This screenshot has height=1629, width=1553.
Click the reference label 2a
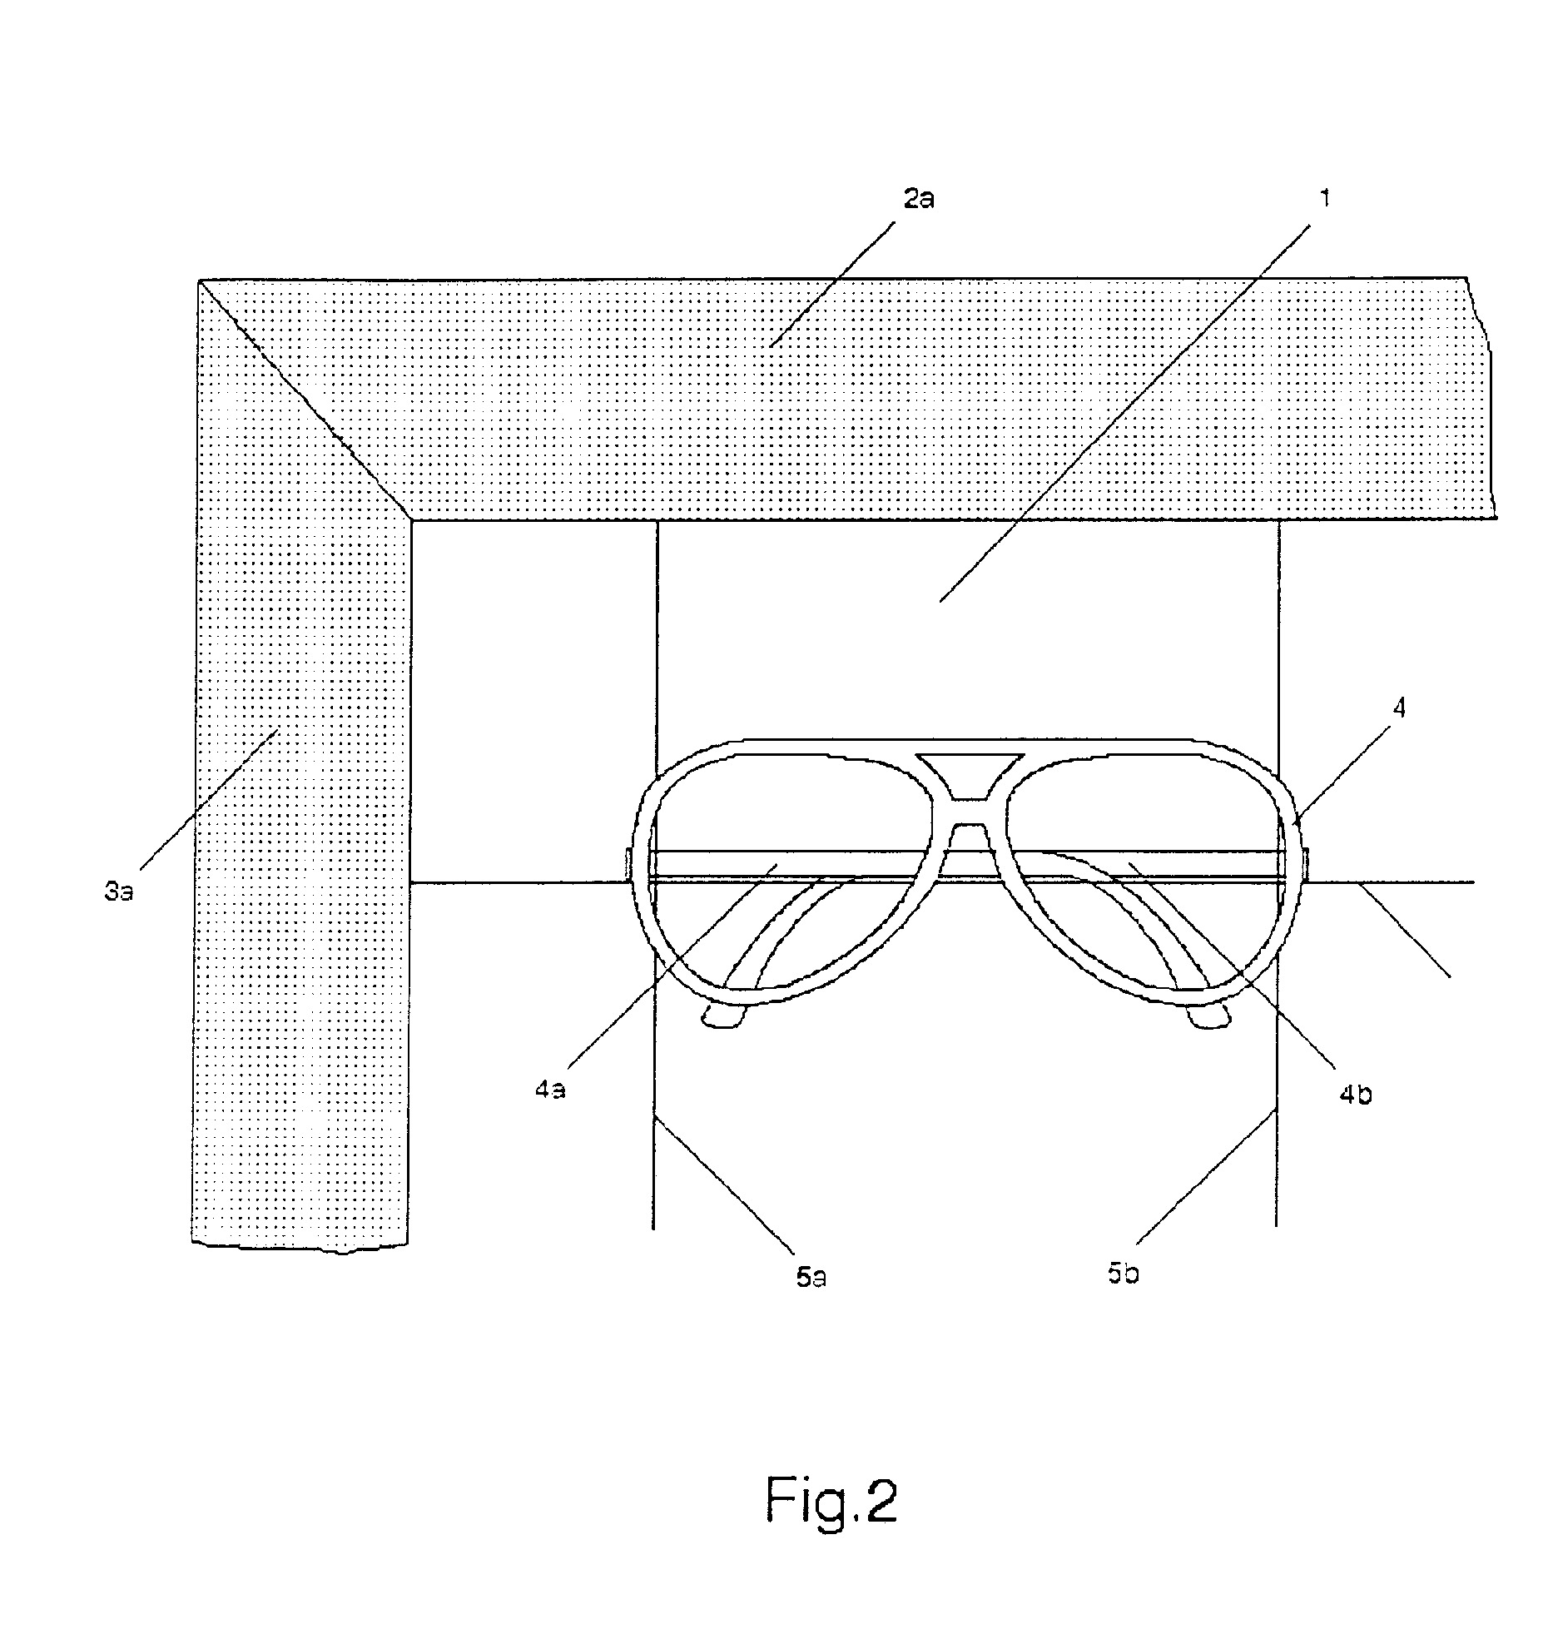coord(918,200)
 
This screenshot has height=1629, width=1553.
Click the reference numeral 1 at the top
coord(1325,198)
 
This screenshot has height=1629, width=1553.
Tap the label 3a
coord(119,893)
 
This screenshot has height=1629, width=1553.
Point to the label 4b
coord(1356,1095)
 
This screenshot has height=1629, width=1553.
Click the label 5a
coord(811,1277)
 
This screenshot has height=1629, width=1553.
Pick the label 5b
coord(1123,1273)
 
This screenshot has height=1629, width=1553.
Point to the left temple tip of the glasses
coord(722,1017)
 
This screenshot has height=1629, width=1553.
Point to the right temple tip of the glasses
coord(1209,1017)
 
